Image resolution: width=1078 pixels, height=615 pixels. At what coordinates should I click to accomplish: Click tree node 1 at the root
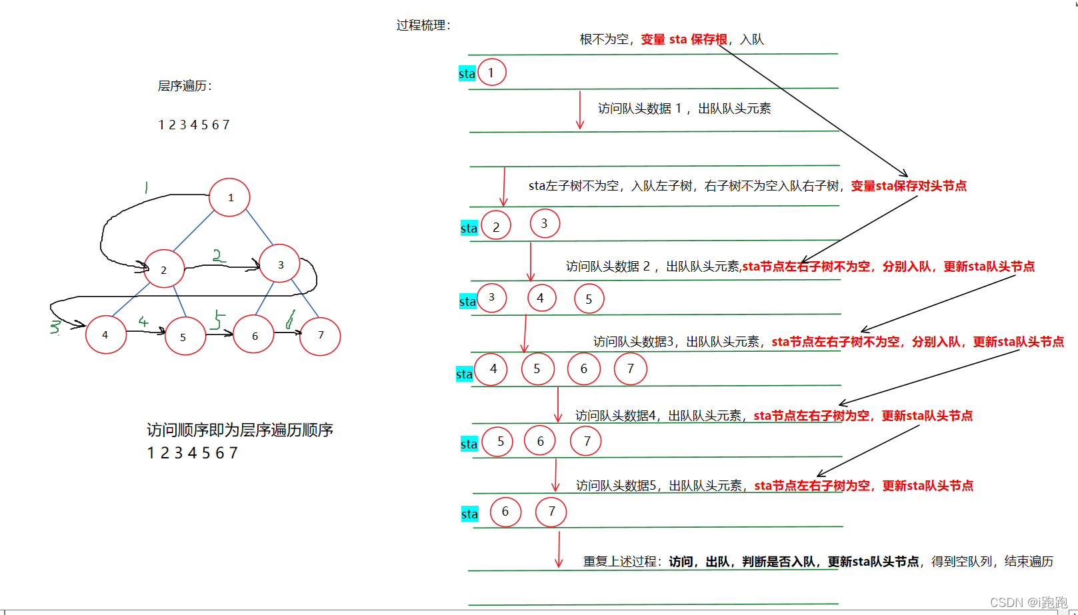click(x=229, y=197)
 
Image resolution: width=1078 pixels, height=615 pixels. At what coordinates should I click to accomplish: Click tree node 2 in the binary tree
click(x=164, y=269)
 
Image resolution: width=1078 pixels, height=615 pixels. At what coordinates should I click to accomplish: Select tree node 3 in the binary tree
click(x=280, y=264)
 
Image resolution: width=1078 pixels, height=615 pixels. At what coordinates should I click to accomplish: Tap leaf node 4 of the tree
click(x=106, y=334)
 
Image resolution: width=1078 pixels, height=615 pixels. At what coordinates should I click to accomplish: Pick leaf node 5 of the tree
click(x=185, y=336)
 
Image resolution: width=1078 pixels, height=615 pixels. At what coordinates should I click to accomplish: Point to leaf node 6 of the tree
click(x=254, y=334)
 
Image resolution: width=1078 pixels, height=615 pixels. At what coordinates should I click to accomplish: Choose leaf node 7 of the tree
click(x=320, y=336)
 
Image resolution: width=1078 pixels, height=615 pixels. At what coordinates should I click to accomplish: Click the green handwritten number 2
click(x=218, y=255)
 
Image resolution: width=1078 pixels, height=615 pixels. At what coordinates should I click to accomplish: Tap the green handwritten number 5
click(x=217, y=319)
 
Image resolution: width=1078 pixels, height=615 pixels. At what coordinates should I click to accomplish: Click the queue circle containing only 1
click(x=492, y=73)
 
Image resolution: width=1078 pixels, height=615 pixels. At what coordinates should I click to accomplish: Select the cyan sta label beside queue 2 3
click(x=469, y=229)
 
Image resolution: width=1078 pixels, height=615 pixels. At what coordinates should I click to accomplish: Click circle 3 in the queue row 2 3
click(x=545, y=224)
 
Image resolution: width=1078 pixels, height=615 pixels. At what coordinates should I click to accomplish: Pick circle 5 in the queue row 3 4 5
click(x=589, y=299)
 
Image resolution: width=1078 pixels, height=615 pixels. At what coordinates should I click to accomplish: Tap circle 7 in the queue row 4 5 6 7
click(x=630, y=369)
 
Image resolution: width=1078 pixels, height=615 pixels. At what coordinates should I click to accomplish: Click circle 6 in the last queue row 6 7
click(x=505, y=512)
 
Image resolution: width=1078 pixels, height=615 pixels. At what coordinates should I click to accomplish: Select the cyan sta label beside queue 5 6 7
click(x=469, y=444)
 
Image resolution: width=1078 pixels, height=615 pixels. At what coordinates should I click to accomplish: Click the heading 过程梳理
click(x=423, y=25)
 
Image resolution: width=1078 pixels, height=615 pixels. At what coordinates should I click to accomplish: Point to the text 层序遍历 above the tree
click(x=185, y=86)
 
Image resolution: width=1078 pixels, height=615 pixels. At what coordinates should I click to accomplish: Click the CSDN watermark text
click(x=1028, y=602)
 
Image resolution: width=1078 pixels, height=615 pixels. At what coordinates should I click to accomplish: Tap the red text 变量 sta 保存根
click(x=684, y=39)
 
